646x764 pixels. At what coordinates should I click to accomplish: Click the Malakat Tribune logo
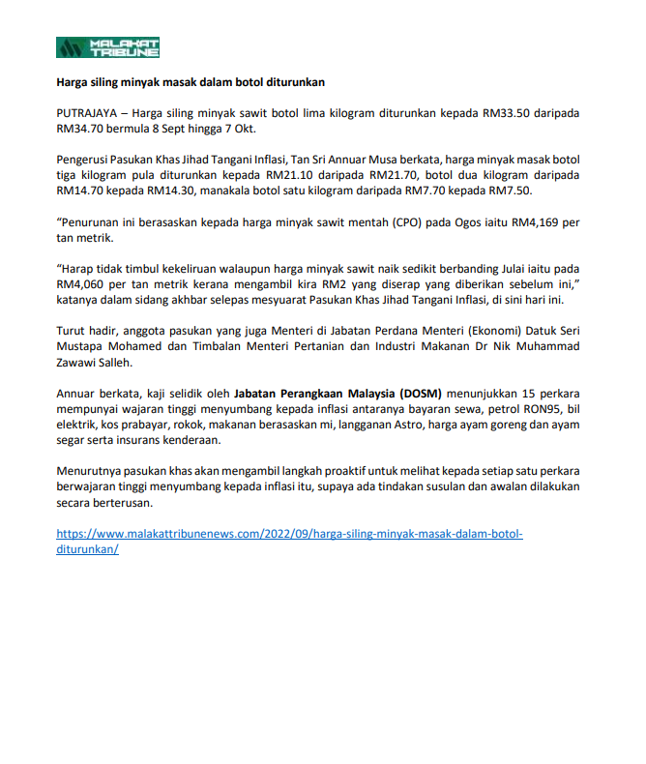[107, 47]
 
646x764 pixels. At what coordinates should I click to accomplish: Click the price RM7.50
[512, 191]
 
